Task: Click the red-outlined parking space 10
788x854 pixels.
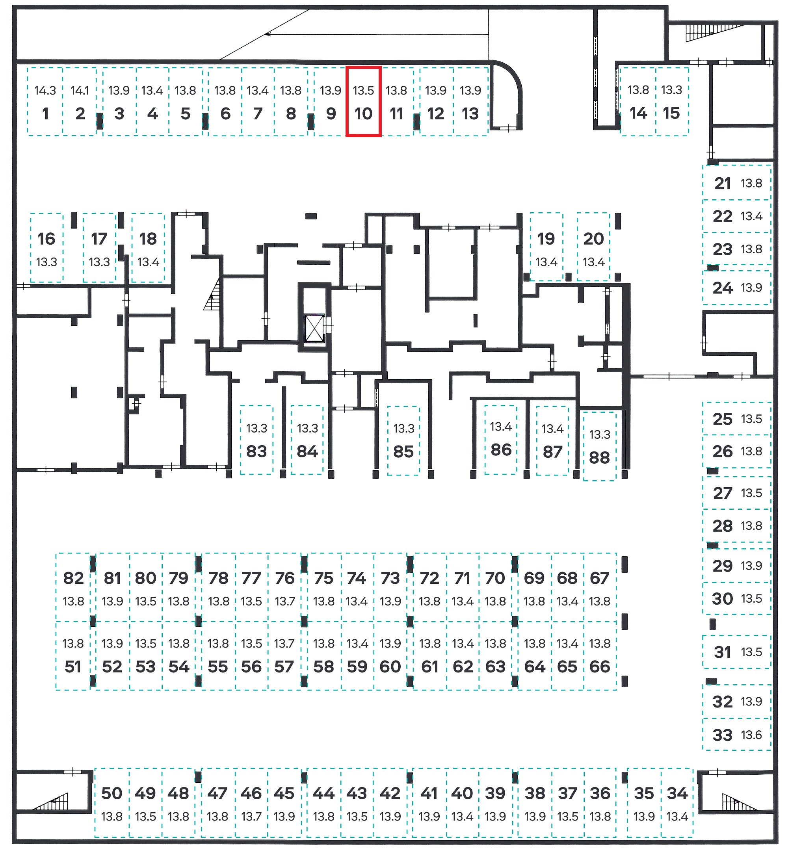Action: coord(363,102)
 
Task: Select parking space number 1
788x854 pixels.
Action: coord(45,102)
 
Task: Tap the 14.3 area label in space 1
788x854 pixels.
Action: coord(45,90)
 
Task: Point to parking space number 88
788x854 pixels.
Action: coord(600,446)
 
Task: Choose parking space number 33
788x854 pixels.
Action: coord(737,735)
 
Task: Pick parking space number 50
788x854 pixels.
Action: coord(112,802)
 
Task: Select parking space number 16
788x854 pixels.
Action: coord(46,247)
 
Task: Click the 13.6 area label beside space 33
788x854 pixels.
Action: coord(751,735)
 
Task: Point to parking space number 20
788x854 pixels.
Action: coord(593,247)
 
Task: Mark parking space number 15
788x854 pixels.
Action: coord(672,102)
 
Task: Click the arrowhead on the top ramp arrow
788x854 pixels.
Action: coord(268,34)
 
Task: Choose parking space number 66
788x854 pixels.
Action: coord(600,656)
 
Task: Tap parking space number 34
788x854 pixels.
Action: coord(677,802)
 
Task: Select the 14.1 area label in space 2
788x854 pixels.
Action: coord(80,90)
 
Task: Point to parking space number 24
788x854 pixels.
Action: coord(737,288)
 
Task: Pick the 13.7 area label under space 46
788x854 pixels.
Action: coord(251,817)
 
